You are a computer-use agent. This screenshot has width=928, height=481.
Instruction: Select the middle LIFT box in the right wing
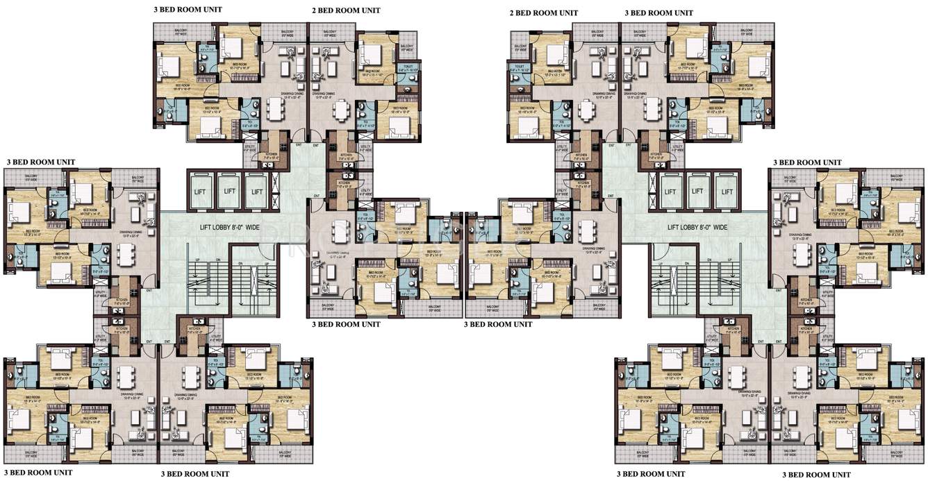pos(698,192)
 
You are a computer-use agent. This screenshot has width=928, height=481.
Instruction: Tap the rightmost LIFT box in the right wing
pos(726,192)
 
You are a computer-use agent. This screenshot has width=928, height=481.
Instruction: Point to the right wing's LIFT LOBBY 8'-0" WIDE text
pos(697,227)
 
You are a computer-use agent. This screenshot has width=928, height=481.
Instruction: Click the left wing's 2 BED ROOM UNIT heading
pos(346,11)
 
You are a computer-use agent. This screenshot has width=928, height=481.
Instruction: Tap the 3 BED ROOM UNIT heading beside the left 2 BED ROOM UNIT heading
pos(188,10)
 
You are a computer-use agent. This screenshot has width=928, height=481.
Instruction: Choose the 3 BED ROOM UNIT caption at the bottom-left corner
pos(38,472)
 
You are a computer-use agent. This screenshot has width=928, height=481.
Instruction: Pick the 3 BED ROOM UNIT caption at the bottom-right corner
pos(816,474)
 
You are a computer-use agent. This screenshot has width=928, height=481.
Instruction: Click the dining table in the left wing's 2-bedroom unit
pos(342,110)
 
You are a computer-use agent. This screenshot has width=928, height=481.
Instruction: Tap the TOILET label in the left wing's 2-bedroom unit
pos(407,67)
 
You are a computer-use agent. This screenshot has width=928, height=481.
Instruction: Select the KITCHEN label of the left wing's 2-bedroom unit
pos(345,157)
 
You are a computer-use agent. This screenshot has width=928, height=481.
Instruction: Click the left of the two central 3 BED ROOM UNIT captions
pos(346,324)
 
